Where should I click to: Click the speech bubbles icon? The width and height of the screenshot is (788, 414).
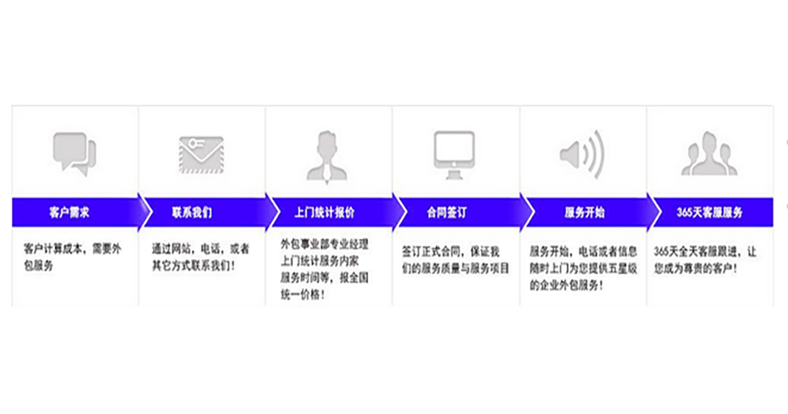tap(74, 153)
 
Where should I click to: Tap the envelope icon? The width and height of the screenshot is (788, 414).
tap(201, 155)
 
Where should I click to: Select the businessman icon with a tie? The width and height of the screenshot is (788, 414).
tap(327, 157)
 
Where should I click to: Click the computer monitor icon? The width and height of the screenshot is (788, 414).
tap(454, 155)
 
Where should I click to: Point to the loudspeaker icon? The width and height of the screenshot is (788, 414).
tap(582, 155)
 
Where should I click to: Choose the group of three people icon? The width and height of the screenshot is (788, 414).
tap(709, 153)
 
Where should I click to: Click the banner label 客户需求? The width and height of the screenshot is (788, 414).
tap(69, 212)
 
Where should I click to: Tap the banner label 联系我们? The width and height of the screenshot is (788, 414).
tap(192, 212)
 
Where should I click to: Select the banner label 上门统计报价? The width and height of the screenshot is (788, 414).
tap(324, 212)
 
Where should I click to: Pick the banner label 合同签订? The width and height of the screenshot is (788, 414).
tap(447, 212)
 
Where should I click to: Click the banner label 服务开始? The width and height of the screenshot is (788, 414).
tap(585, 212)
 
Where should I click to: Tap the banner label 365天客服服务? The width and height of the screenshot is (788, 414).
tap(710, 212)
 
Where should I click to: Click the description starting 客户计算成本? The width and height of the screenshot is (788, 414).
tap(73, 257)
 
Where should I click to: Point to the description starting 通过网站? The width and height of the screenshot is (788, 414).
tap(201, 257)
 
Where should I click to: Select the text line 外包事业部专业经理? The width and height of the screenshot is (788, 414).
tap(324, 244)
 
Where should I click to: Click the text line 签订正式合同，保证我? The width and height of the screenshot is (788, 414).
tap(450, 252)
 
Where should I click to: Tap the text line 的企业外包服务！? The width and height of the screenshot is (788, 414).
tap(566, 286)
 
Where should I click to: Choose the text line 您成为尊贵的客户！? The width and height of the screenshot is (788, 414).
tap(695, 268)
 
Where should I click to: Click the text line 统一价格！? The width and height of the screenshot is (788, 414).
tap(303, 295)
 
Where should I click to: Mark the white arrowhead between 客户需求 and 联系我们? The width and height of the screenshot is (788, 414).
tap(145, 212)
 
